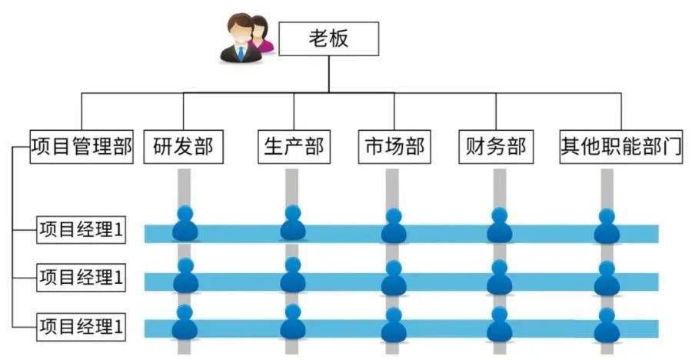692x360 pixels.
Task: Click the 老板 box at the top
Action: click(328, 38)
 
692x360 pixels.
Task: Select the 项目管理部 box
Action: click(82, 146)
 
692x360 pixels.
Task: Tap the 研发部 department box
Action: click(183, 146)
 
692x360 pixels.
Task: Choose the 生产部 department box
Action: click(294, 146)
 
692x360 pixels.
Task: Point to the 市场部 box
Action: click(392, 146)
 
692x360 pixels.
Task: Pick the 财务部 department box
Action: click(496, 146)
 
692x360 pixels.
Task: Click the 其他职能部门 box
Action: click(621, 146)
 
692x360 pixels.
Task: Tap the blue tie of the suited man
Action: click(241, 53)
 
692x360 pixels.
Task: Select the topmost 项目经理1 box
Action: click(81, 231)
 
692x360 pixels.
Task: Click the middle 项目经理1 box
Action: click(81, 277)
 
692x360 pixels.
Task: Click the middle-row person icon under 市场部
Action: click(394, 278)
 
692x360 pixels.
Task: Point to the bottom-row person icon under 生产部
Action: click(292, 323)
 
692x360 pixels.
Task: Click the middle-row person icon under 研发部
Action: click(185, 276)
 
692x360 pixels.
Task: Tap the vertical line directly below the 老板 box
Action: click(328, 73)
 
